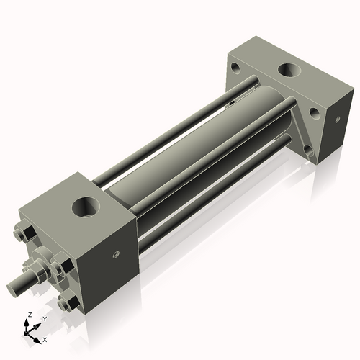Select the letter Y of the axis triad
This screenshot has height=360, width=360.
(44, 318)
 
